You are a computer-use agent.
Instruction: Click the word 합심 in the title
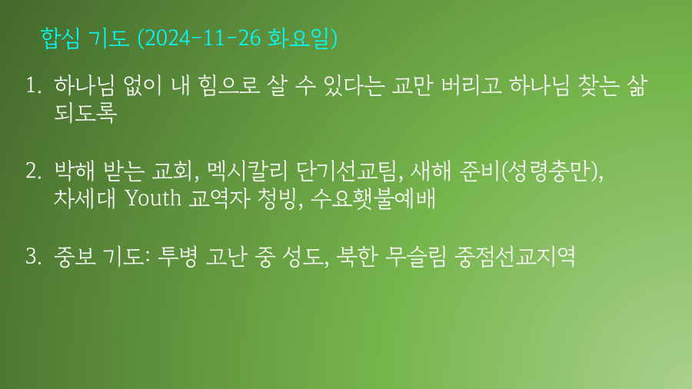point(60,38)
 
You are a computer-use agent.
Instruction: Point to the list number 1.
point(34,85)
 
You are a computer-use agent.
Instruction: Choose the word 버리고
point(471,85)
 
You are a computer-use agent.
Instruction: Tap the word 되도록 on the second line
point(85,112)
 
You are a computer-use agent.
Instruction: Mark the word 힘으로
point(228,85)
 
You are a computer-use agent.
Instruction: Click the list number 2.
point(34,171)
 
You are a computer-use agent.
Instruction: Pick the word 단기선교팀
point(347,171)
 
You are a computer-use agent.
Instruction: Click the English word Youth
point(153,198)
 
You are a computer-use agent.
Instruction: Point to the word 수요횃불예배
point(373,198)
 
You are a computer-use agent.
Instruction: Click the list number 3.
point(34,256)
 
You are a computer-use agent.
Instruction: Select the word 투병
point(177,256)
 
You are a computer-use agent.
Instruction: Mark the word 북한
point(357,256)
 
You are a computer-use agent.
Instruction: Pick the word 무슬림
point(416,256)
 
